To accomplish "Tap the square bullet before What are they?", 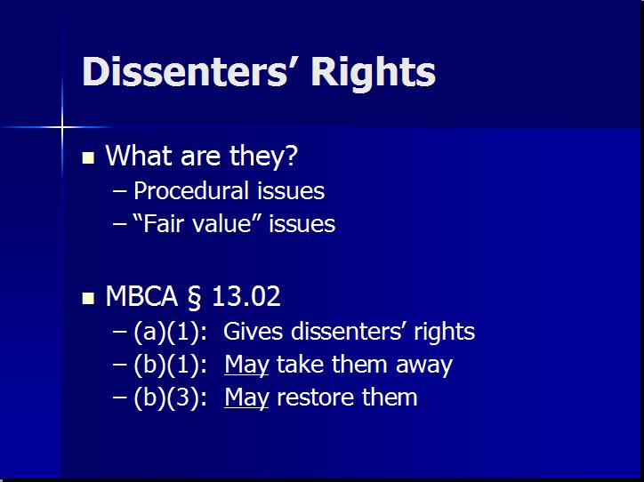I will tap(88, 158).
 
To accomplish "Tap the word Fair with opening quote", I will tap(158, 224).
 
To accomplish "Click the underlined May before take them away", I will tap(246, 365).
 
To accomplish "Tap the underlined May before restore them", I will tap(246, 397).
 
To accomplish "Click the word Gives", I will tap(248, 333).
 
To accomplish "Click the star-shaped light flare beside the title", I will tap(62, 127).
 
